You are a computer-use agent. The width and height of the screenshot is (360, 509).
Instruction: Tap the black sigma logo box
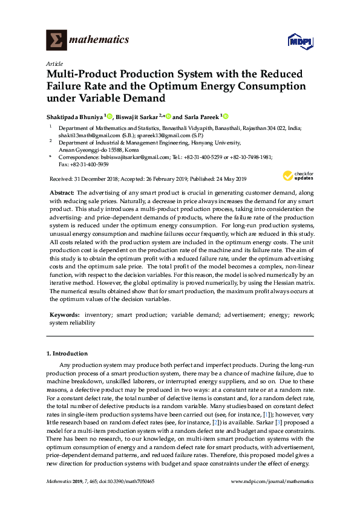56,40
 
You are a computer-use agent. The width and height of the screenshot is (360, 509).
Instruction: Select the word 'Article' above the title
54,63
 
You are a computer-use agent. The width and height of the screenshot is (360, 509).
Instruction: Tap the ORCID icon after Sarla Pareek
226,116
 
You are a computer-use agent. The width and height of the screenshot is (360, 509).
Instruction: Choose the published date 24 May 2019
227,179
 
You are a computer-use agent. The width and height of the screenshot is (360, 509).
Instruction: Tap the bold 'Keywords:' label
64,315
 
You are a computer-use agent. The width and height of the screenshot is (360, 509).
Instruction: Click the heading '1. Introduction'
67,353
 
